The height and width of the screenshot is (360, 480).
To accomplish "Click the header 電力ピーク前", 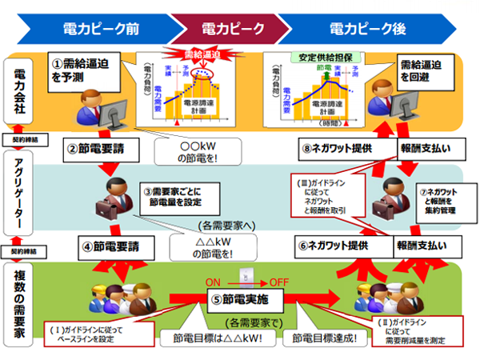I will click(101, 30).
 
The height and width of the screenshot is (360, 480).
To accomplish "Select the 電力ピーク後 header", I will click(369, 30).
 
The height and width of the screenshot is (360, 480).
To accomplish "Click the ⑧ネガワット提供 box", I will click(335, 148).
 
